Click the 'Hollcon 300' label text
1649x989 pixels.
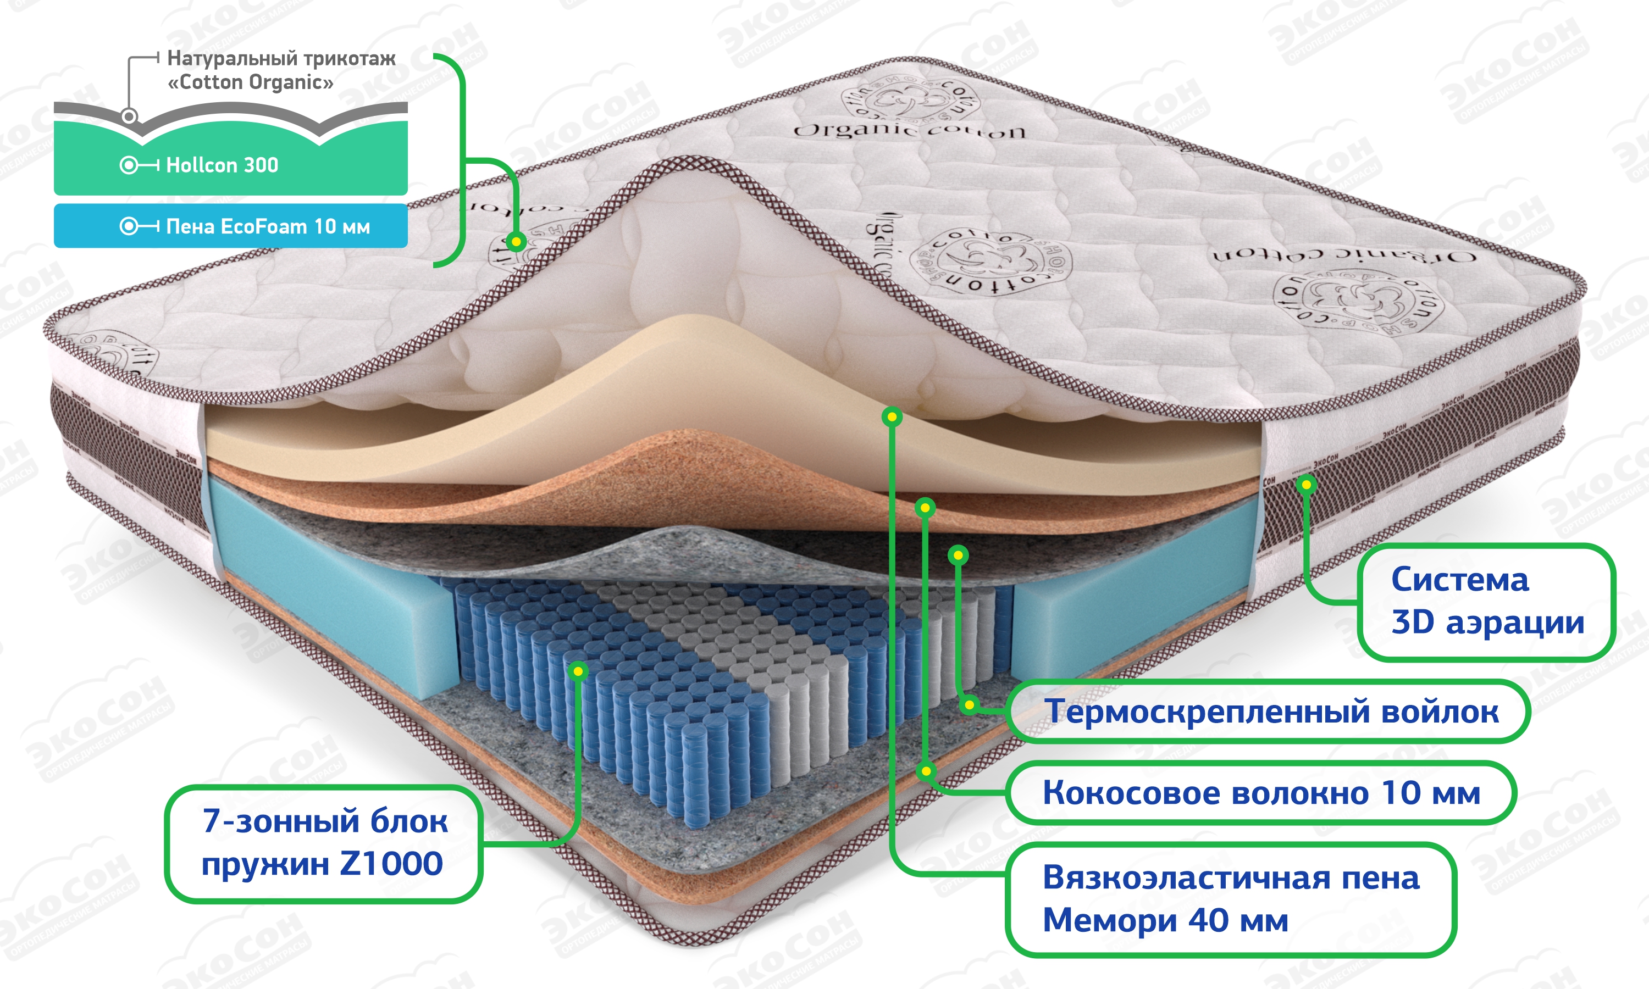tap(222, 165)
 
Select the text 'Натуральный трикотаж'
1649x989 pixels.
tap(281, 59)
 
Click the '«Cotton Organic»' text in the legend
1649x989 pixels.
tap(250, 82)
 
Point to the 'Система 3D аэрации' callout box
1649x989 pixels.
tap(1486, 601)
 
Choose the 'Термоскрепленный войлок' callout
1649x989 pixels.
tap(1270, 711)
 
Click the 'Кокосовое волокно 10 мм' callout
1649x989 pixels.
tap(1260, 792)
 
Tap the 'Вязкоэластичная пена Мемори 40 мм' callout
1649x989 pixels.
tap(1230, 898)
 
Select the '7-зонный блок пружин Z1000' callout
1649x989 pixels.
tap(323, 842)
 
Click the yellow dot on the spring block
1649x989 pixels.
tap(578, 670)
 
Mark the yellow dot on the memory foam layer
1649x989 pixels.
tap(892, 417)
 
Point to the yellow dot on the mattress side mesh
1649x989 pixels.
tap(1307, 485)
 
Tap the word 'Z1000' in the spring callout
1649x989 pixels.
tap(391, 864)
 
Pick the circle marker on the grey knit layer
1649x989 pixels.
tap(129, 116)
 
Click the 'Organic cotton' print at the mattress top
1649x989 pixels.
tap(909, 129)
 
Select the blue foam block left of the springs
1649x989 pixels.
tap(333, 586)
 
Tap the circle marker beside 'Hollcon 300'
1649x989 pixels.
tap(129, 165)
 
